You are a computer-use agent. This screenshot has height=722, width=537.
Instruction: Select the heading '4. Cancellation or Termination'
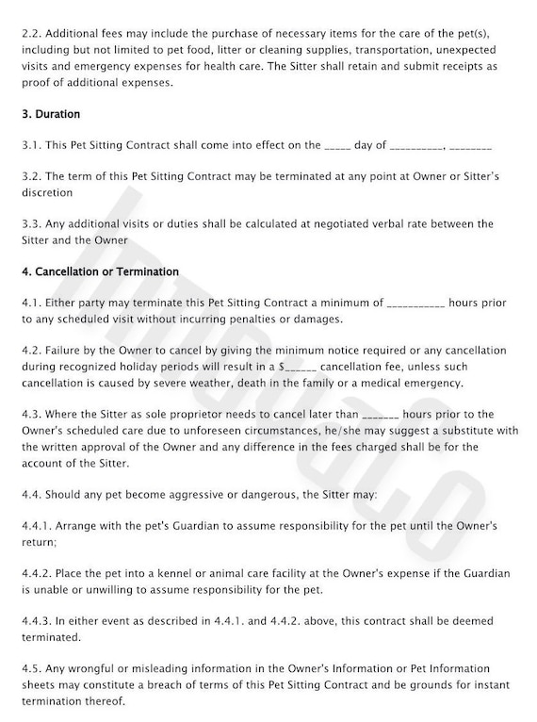(x=99, y=271)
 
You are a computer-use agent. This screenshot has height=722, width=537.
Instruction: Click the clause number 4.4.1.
(x=36, y=525)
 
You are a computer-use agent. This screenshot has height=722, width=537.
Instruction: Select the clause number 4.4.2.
(x=36, y=573)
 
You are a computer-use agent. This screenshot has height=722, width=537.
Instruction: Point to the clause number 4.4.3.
(x=36, y=621)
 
